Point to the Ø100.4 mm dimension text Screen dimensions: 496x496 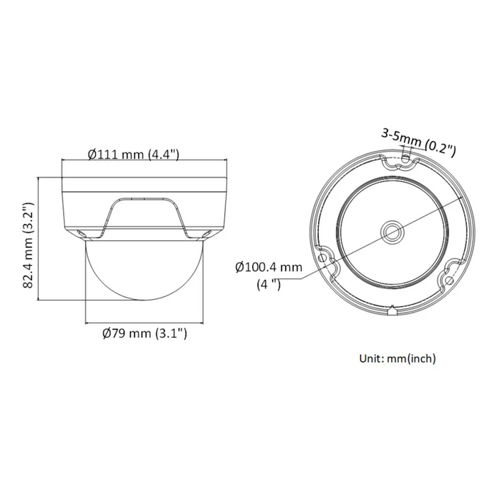(269, 268)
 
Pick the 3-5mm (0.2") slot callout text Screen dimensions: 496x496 (417, 141)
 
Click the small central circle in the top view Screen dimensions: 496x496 (392, 231)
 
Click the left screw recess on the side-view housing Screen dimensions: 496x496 (80, 233)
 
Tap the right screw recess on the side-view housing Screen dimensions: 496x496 (208, 233)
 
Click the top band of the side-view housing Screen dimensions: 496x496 (145, 184)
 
